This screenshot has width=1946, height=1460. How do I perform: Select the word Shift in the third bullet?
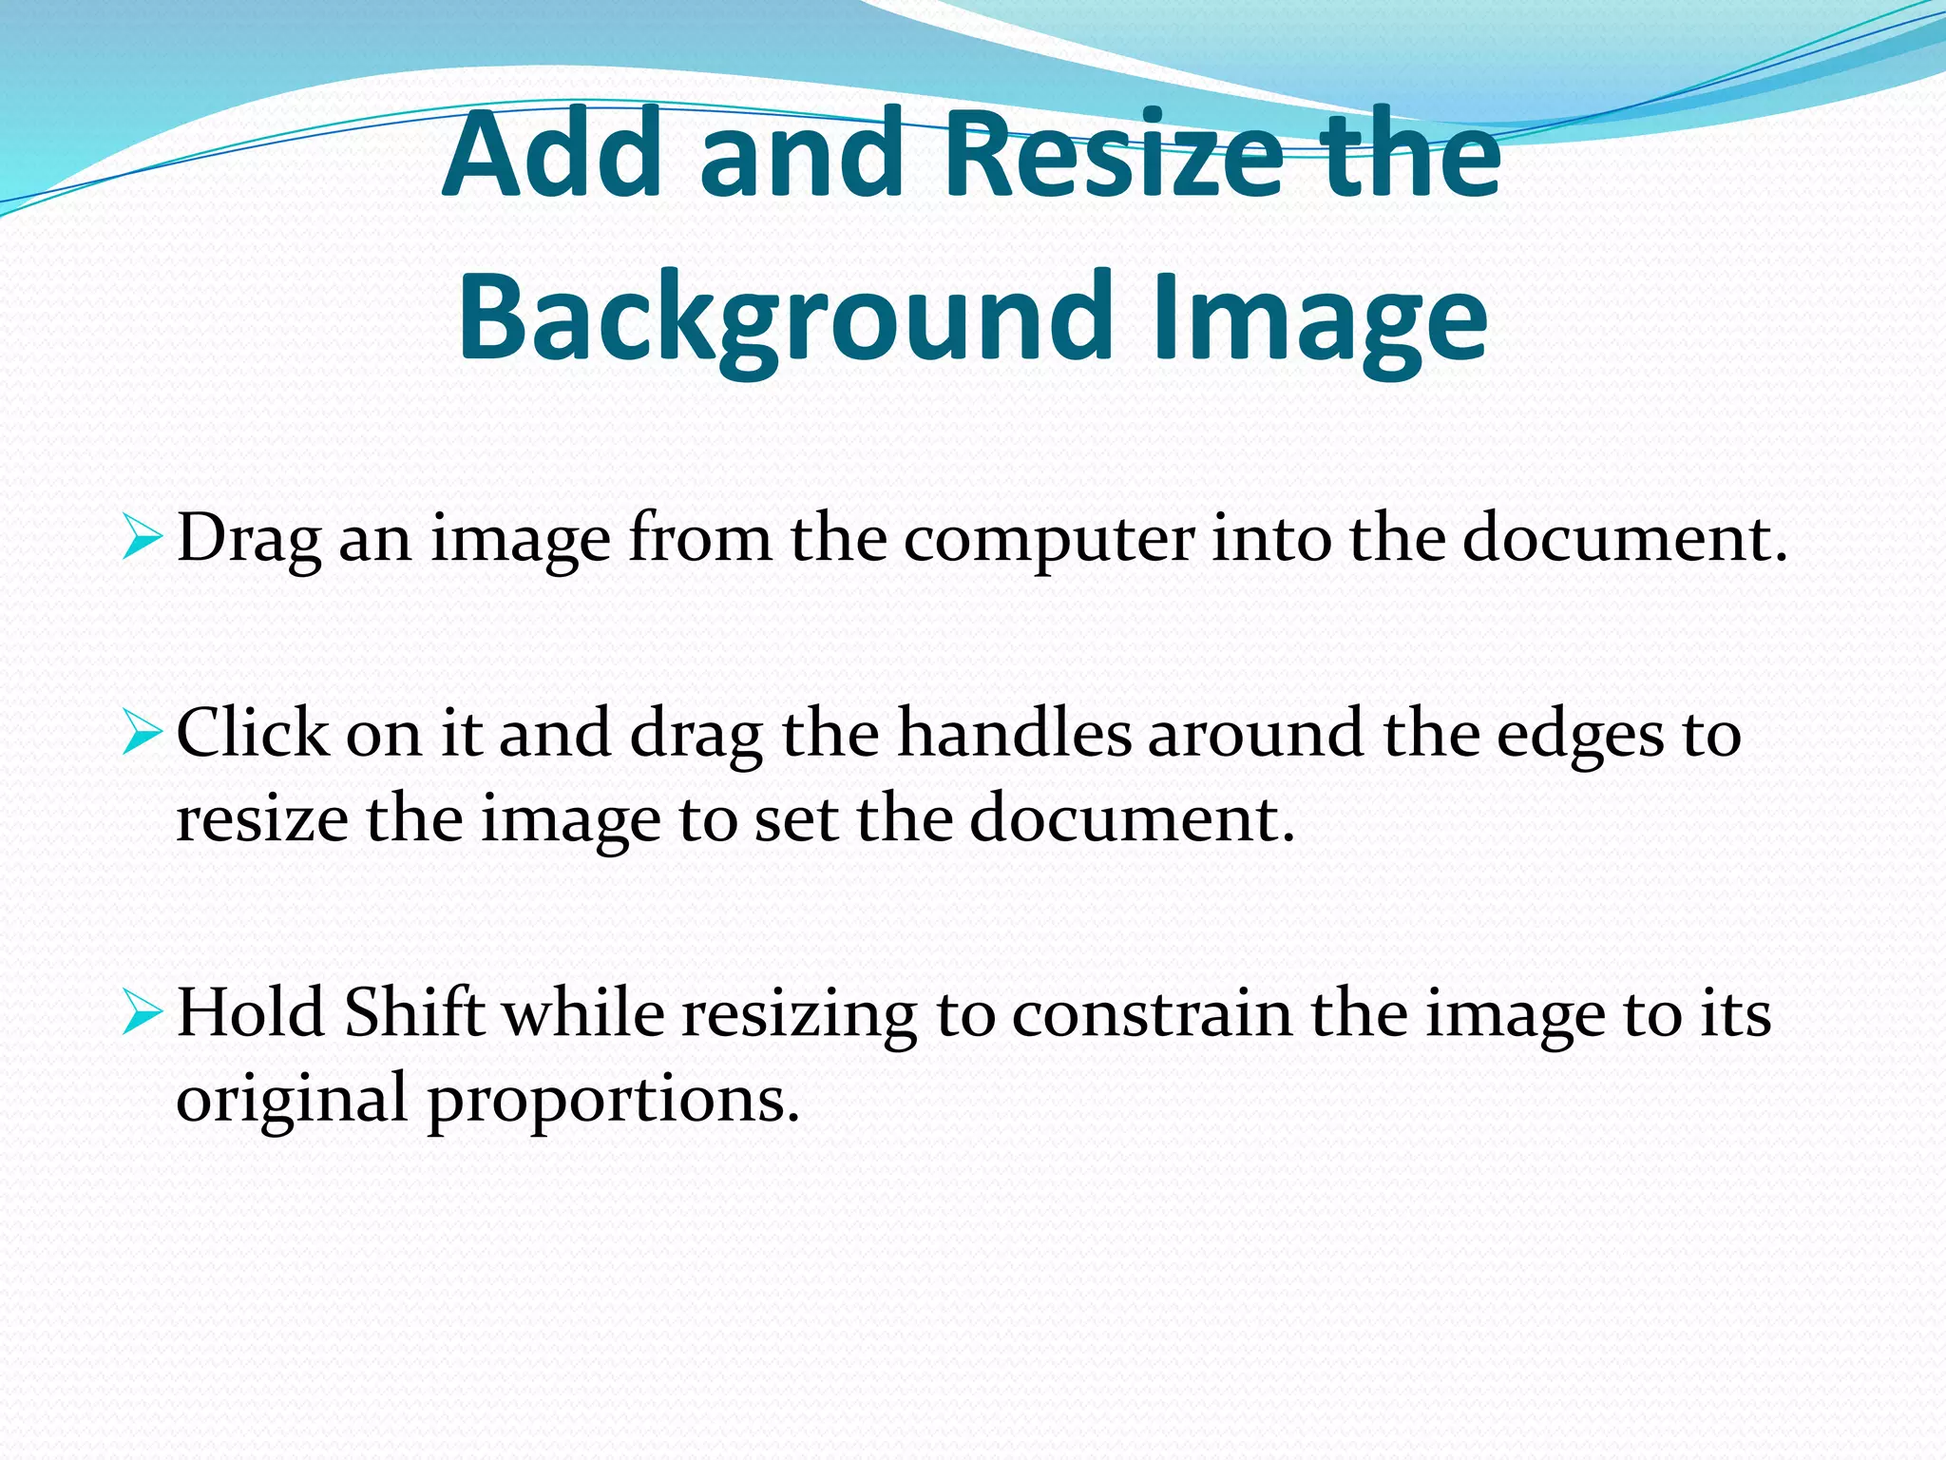click(414, 1013)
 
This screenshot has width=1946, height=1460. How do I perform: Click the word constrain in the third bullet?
click(1151, 1013)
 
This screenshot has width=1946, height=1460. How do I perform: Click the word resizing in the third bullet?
click(798, 1013)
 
